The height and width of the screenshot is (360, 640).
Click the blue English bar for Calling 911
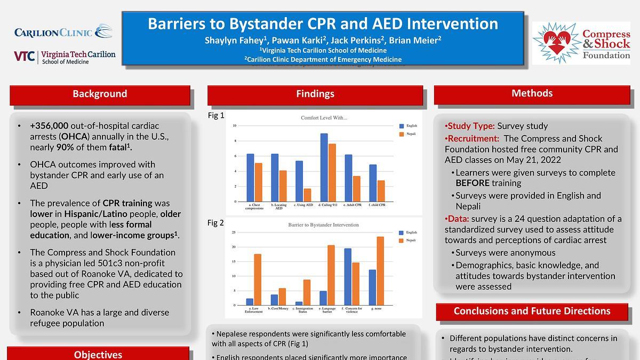click(x=324, y=167)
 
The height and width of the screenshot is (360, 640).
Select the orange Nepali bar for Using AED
click(x=308, y=195)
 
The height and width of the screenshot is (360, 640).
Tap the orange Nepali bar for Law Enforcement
click(x=258, y=279)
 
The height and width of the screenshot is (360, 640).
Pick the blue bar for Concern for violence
click(x=348, y=277)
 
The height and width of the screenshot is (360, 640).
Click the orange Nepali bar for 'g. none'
click(x=380, y=271)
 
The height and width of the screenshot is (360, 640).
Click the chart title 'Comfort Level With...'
click(x=324, y=118)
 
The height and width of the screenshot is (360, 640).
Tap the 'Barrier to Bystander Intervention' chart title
click(x=324, y=225)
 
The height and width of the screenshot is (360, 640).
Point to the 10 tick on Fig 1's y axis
click(x=234, y=126)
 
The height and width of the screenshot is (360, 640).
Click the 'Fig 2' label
click(x=215, y=223)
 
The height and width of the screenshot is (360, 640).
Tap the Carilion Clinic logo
click(x=63, y=32)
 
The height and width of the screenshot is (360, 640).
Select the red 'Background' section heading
click(x=100, y=94)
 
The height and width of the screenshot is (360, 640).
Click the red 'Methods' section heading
click(x=532, y=94)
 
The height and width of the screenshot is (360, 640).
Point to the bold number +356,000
click(x=49, y=126)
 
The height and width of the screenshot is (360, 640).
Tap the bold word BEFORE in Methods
click(x=473, y=183)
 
